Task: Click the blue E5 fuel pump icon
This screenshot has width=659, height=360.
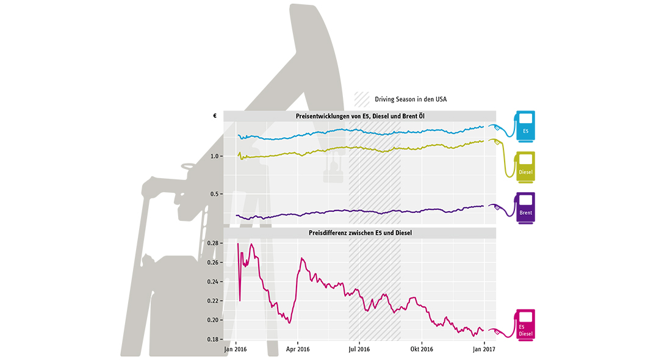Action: pyautogui.click(x=525, y=125)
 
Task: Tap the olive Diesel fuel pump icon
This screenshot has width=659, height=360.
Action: pyautogui.click(x=525, y=165)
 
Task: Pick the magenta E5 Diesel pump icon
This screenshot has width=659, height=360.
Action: pyautogui.click(x=525, y=324)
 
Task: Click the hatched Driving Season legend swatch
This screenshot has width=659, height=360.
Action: pyautogui.click(x=362, y=99)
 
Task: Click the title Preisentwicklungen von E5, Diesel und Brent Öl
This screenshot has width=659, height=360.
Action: pyautogui.click(x=359, y=116)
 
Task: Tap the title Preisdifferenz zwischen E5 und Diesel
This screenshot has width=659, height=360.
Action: pyautogui.click(x=359, y=232)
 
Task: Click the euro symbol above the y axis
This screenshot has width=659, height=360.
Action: pyautogui.click(x=215, y=116)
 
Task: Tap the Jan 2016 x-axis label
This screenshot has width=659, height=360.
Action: pyautogui.click(x=236, y=350)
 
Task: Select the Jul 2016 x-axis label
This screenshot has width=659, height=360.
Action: pyautogui.click(x=359, y=350)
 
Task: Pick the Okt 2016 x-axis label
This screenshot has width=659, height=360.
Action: pyautogui.click(x=421, y=350)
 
